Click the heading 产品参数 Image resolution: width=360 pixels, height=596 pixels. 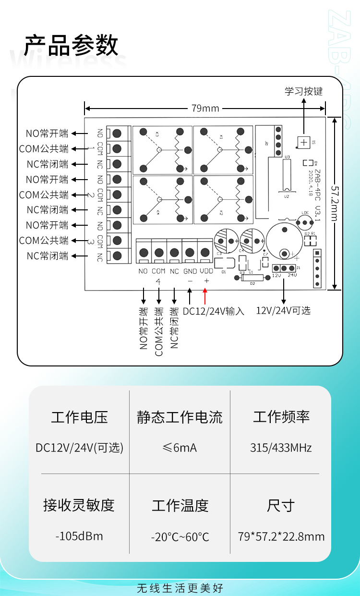pyautogui.click(x=71, y=46)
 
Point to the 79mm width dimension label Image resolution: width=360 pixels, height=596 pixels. pyautogui.click(x=205, y=108)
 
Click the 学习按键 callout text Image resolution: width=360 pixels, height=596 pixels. pyautogui.click(x=303, y=91)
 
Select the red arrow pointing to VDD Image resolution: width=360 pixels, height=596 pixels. pyautogui.click(x=205, y=296)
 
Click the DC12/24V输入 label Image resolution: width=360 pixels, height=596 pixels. pyautogui.click(x=214, y=311)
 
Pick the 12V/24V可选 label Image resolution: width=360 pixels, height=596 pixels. pyautogui.click(x=283, y=310)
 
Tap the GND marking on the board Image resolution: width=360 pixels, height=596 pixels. pyautogui.click(x=190, y=271)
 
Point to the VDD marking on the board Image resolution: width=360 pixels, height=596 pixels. pyautogui.click(x=206, y=271)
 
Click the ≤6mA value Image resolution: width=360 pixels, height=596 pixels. pyautogui.click(x=180, y=448)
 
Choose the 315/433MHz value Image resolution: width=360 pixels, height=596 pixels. pyautogui.click(x=281, y=448)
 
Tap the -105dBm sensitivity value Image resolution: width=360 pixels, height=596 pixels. pyautogui.click(x=79, y=536)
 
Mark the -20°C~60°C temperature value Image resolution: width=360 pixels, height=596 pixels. pyautogui.click(x=180, y=537)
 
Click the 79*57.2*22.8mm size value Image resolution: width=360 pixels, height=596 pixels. pyautogui.click(x=281, y=536)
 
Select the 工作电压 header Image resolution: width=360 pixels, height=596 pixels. pyautogui.click(x=79, y=417)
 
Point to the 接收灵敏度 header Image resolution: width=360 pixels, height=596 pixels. pyautogui.click(x=79, y=505)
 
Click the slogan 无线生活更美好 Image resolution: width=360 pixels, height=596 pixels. pyautogui.click(x=180, y=588)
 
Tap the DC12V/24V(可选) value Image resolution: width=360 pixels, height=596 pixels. pyautogui.click(x=79, y=448)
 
